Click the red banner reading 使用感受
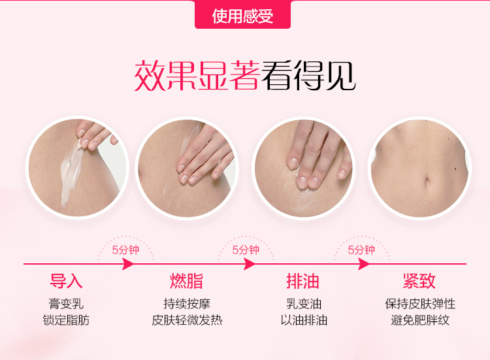tap(242, 14)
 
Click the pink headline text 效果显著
tap(197, 76)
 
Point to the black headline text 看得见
tap(308, 76)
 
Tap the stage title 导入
tap(66, 281)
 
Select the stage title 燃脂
tap(187, 281)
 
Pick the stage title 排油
tap(302, 281)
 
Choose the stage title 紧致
tap(419, 281)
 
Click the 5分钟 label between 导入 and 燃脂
tap(125, 250)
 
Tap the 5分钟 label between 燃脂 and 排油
tap(246, 250)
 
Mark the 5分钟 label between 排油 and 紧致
tap(361, 250)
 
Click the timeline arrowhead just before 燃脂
tap(128, 264)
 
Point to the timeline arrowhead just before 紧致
tap(364, 264)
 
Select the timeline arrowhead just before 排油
tap(250, 264)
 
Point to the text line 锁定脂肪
tap(66, 320)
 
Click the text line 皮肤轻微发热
tap(187, 320)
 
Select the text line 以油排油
tap(304, 320)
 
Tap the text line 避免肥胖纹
tap(420, 320)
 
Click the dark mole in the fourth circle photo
tap(455, 169)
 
